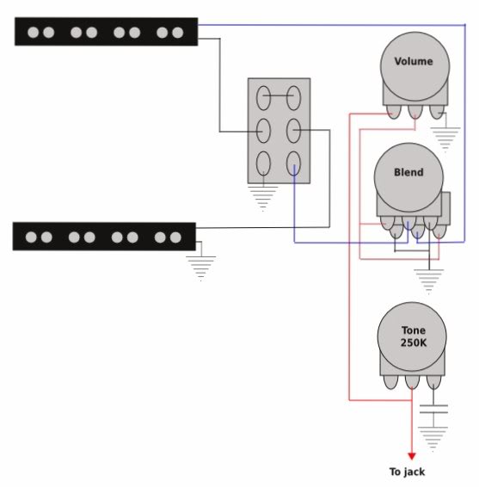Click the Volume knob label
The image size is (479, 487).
point(414,61)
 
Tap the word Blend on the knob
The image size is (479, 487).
point(408,172)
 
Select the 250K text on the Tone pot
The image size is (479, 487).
point(414,342)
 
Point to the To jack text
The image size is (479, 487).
point(407,472)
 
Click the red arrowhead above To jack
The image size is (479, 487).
point(412,456)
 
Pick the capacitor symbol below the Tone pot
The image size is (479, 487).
point(433,409)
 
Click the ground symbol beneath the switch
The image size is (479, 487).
point(262,199)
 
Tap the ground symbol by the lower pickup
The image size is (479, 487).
point(201,268)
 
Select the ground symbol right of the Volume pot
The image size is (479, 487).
point(445,139)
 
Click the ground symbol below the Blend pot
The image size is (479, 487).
point(429,281)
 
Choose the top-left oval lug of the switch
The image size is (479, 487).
point(263,98)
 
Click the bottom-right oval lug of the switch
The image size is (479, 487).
point(293,163)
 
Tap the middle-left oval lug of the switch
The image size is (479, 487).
point(263,131)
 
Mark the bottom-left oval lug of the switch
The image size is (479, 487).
point(263,163)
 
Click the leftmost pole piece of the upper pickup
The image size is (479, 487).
point(34,33)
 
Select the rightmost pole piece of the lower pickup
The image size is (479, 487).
point(175,237)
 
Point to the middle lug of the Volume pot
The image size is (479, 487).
point(415,112)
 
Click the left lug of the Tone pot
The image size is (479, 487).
point(390,382)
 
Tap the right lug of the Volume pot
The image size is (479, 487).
point(437,112)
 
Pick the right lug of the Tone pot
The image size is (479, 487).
point(433,382)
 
